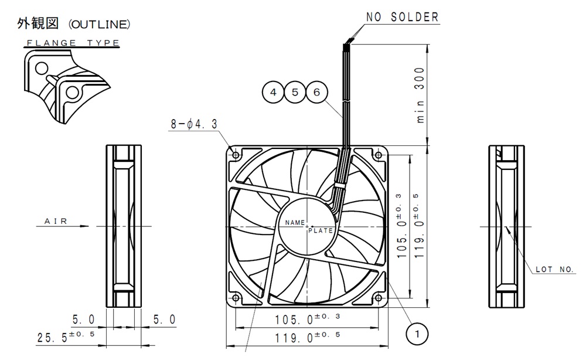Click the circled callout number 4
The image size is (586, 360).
tap(273, 92)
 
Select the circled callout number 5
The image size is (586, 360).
tap(295, 92)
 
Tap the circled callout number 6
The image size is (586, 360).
tap(316, 92)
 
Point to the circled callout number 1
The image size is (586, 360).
tap(417, 334)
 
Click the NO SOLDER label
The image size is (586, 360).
tap(402, 17)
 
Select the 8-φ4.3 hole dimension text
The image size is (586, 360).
tap(194, 124)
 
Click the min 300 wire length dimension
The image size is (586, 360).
tap(420, 95)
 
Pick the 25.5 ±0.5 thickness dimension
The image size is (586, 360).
tap(66, 337)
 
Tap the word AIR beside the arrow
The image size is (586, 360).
tap(56, 221)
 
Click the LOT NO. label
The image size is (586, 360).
tap(554, 269)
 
